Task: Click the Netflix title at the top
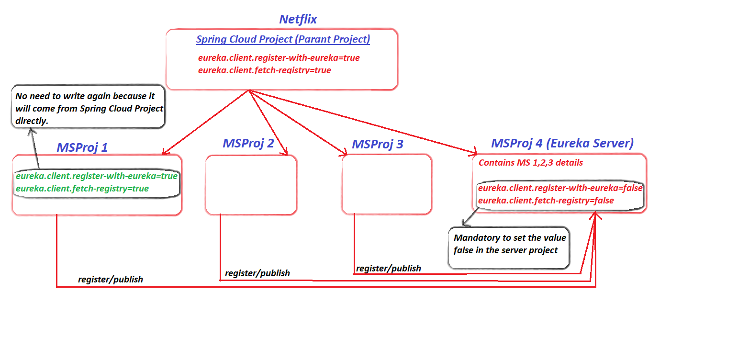pyautogui.click(x=298, y=19)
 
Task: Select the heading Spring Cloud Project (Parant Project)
pyautogui.click(x=283, y=39)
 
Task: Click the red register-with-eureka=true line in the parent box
pyautogui.click(x=279, y=58)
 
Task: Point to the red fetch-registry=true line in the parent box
pyautogui.click(x=264, y=70)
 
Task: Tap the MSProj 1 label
pyautogui.click(x=82, y=147)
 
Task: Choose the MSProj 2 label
pyautogui.click(x=248, y=143)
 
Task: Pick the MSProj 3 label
pyautogui.click(x=378, y=144)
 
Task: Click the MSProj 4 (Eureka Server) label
pyautogui.click(x=562, y=143)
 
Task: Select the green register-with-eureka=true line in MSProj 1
pyautogui.click(x=97, y=176)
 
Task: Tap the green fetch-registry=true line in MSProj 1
pyautogui.click(x=82, y=189)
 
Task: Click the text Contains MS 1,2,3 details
pyautogui.click(x=530, y=163)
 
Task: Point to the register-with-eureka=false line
pyautogui.click(x=560, y=188)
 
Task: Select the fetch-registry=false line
pyautogui.click(x=546, y=201)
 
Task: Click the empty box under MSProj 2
pyautogui.click(x=251, y=185)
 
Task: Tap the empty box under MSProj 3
pyautogui.click(x=387, y=184)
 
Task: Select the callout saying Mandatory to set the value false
pyautogui.click(x=509, y=244)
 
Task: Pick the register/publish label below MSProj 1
pyautogui.click(x=111, y=279)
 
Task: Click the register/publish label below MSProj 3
pyautogui.click(x=389, y=269)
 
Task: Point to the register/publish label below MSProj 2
pyautogui.click(x=257, y=273)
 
